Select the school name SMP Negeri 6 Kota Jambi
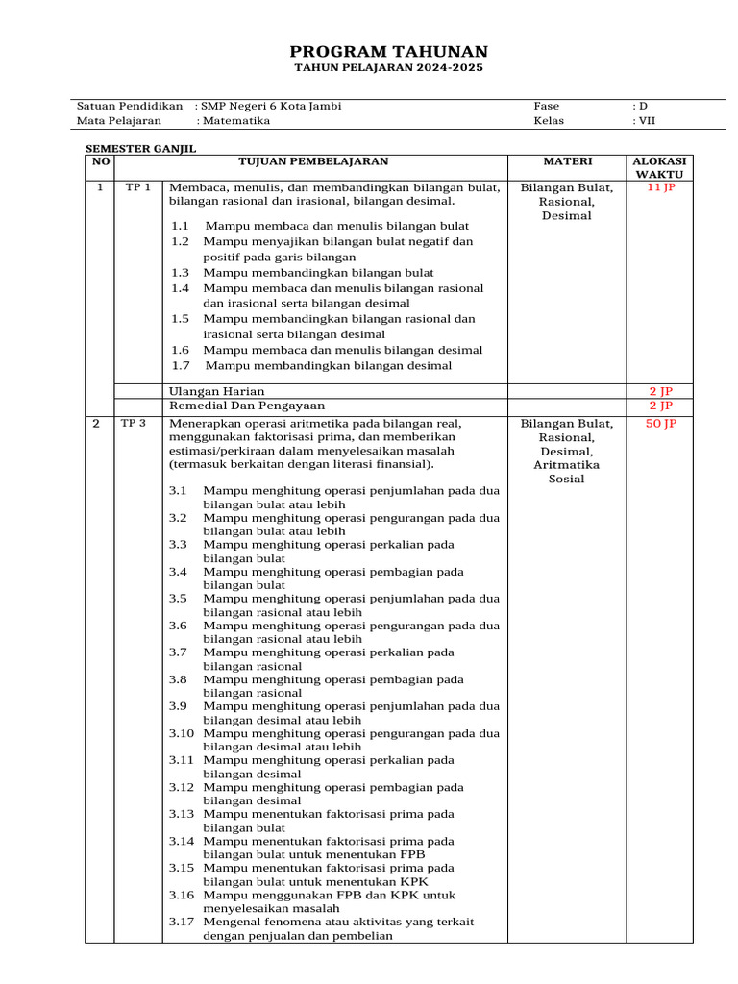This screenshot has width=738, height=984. (x=271, y=106)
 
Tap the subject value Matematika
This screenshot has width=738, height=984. (x=235, y=121)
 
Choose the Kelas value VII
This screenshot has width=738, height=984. (x=644, y=121)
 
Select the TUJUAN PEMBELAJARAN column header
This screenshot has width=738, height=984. (x=333, y=161)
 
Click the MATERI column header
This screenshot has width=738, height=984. (x=566, y=161)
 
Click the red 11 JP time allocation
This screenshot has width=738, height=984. (x=661, y=188)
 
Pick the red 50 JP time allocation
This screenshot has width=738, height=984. (x=661, y=423)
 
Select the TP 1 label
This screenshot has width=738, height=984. (x=138, y=188)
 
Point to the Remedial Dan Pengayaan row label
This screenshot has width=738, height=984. (x=247, y=406)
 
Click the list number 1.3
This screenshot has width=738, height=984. (x=181, y=273)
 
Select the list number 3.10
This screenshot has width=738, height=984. (x=183, y=733)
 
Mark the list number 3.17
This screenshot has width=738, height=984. (x=183, y=922)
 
